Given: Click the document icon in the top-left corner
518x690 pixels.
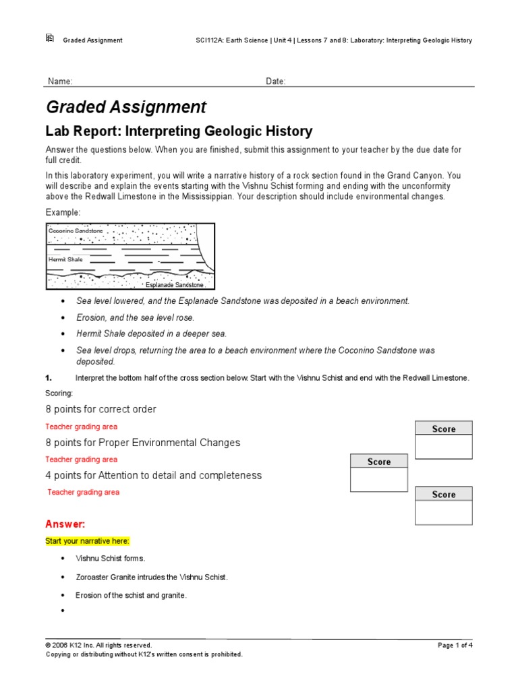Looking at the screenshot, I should tap(49, 38).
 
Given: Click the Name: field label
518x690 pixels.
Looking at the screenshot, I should tap(59, 82).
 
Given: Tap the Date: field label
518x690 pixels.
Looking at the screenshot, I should tap(275, 82).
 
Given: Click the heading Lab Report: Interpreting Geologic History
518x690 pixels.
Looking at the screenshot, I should tap(179, 131).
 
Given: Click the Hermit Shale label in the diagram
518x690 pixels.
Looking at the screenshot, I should tap(64, 258).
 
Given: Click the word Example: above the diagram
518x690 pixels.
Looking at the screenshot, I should tap(63, 212).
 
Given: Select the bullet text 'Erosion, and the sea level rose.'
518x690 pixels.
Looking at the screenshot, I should tap(135, 317).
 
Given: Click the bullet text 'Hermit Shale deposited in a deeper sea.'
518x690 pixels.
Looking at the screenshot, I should tap(151, 334).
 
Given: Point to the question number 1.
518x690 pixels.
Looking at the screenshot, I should tap(49, 378).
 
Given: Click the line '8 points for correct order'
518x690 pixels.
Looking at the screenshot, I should tap(100, 409).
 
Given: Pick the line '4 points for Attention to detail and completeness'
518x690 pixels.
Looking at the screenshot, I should tap(153, 475).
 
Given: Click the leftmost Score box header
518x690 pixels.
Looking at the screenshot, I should tap(378, 462).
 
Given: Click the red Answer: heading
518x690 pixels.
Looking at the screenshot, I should tap(65, 524).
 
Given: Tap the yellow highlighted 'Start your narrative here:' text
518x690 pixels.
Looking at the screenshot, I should tap(87, 541).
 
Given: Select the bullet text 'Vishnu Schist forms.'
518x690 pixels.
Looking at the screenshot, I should tap(110, 559).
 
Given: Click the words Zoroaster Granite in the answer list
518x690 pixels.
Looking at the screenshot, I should tap(106, 577).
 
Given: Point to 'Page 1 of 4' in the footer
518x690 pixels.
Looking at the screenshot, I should tap(455, 645).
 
